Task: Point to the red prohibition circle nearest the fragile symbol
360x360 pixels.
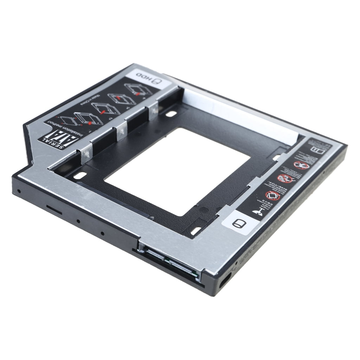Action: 272,195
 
